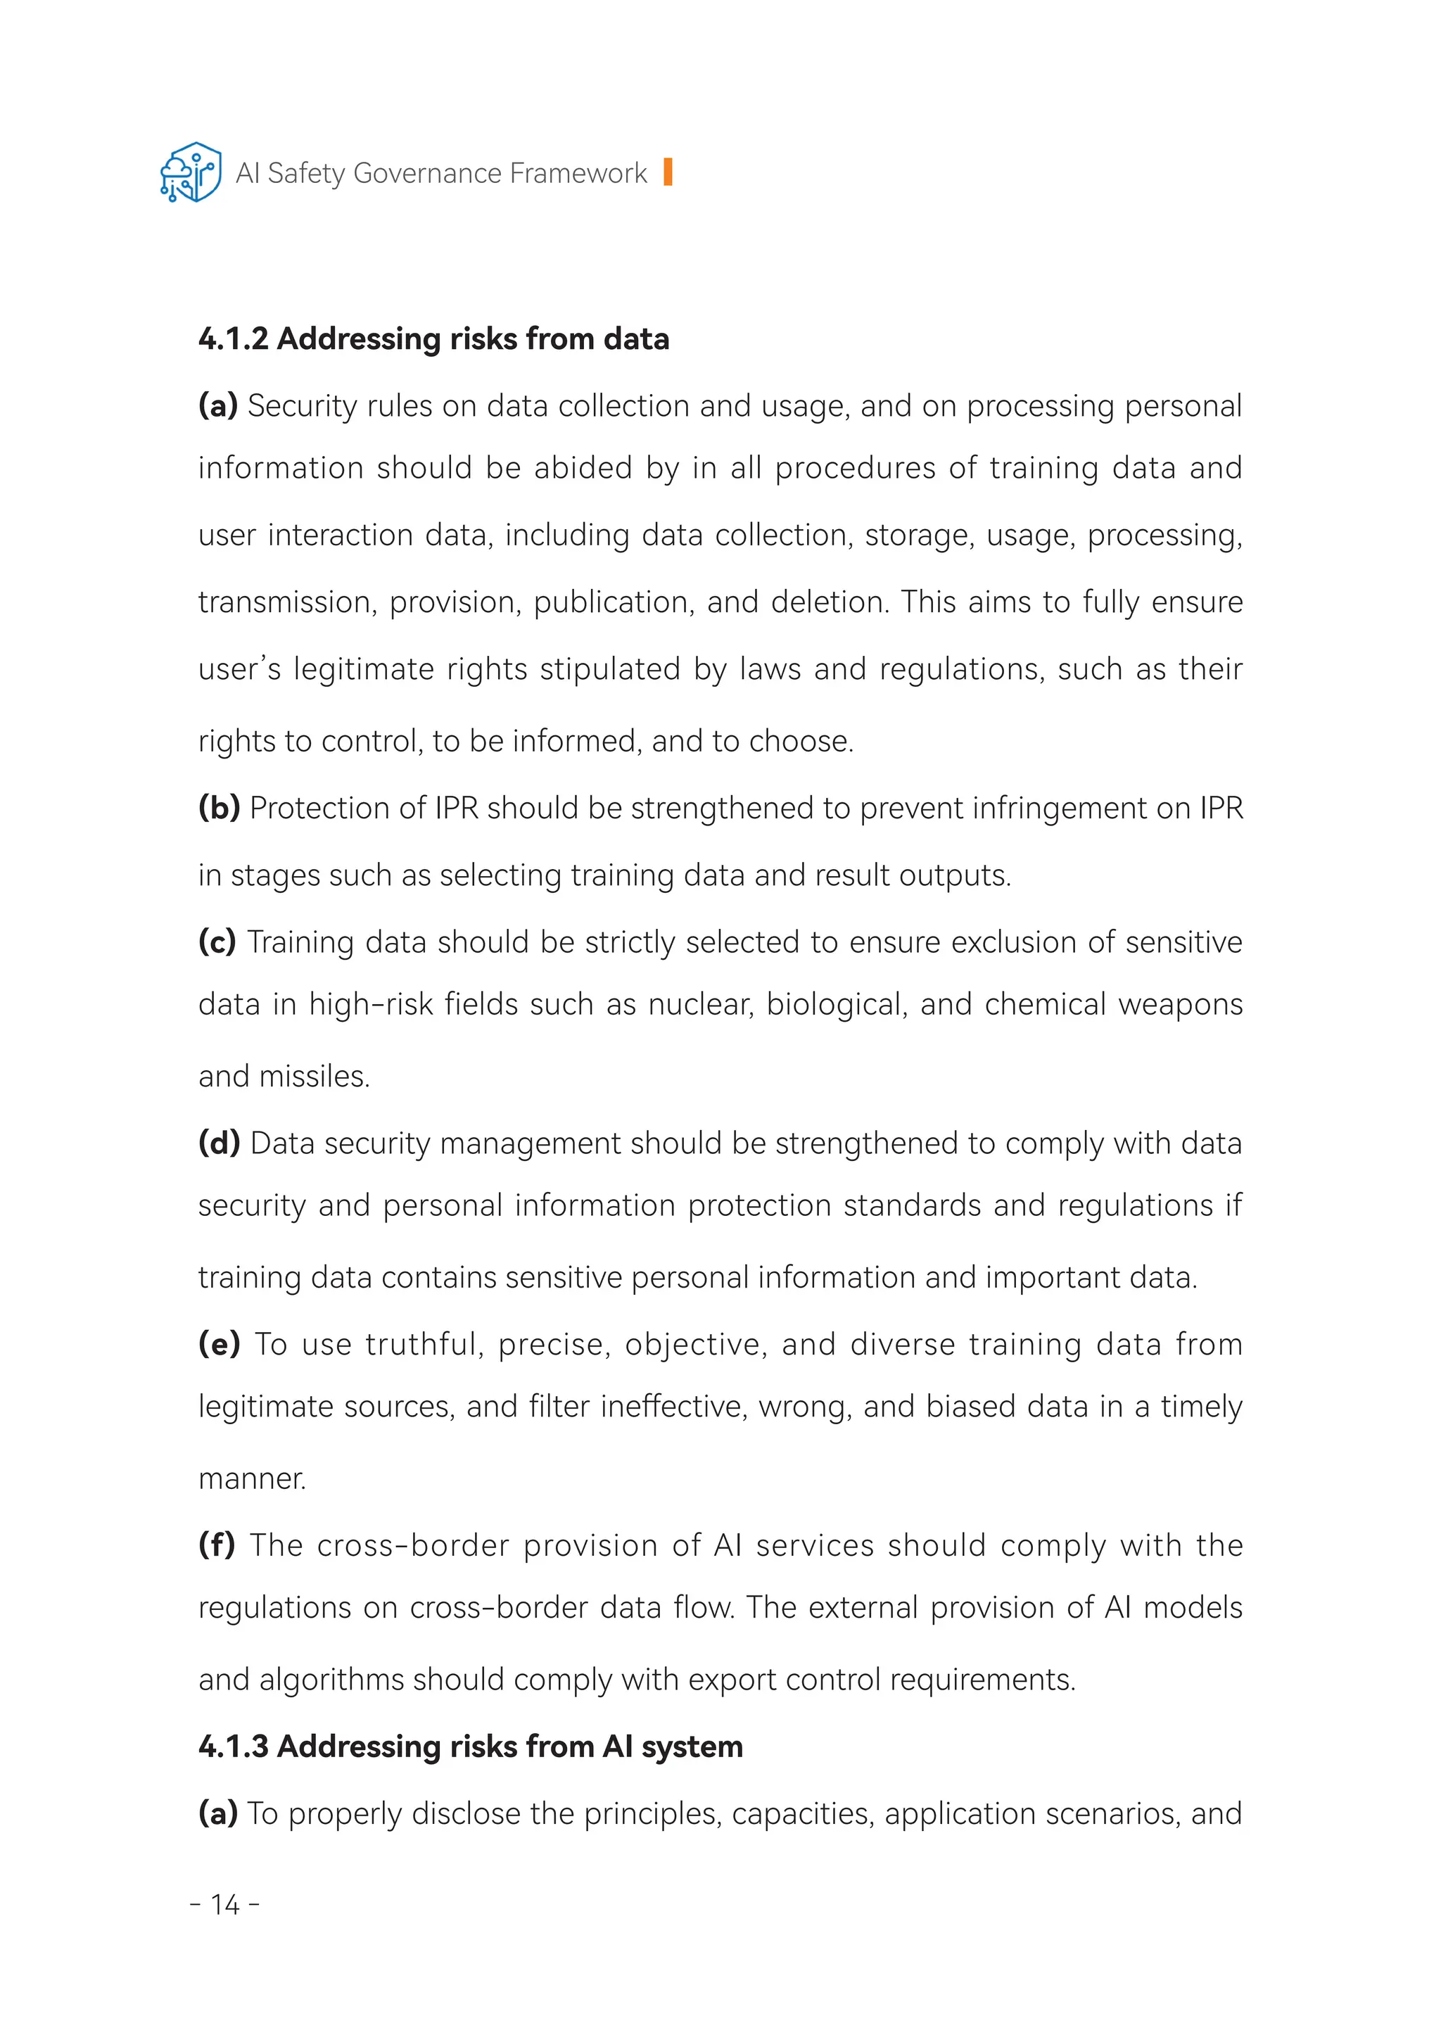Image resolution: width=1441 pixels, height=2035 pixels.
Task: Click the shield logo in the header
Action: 191,172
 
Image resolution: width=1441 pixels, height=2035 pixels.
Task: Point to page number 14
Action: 225,1906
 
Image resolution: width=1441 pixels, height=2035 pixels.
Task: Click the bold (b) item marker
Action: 219,809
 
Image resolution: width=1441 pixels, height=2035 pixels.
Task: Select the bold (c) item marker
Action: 217,942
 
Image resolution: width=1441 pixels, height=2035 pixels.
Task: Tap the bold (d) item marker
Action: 219,1143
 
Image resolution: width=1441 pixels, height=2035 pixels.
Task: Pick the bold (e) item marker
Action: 219,1345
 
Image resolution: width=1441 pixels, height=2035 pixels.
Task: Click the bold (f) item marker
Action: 217,1545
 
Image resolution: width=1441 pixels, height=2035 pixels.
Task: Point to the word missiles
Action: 314,1077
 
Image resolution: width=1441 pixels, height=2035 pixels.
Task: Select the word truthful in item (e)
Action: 424,1345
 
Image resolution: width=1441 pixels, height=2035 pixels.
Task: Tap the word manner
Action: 252,1478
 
